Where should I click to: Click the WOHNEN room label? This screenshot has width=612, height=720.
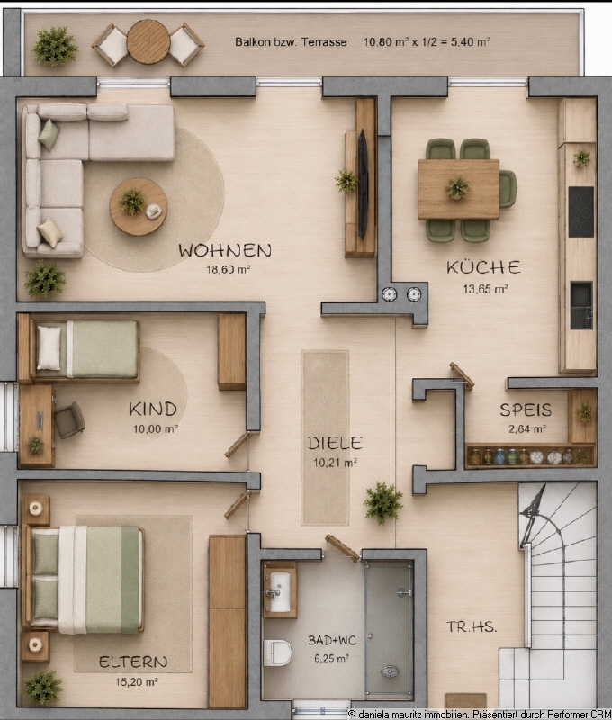coord(225,250)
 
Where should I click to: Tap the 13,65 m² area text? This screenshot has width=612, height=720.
coord(485,289)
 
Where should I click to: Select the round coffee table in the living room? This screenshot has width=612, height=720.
coord(139,207)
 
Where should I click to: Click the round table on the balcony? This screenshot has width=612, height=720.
coord(148,42)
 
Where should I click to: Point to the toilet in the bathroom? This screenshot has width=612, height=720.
coord(277,652)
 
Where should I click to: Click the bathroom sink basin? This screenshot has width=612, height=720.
coord(279,592)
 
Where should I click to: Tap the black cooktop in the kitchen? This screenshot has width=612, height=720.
coord(580,211)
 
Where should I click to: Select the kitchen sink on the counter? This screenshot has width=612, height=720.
coord(581,305)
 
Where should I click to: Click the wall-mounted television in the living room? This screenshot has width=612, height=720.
coord(363,184)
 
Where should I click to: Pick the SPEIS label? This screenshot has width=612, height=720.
coord(526,410)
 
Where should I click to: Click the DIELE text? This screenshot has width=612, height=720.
coord(335,443)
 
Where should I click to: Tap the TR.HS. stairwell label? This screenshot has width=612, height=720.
coord(472,626)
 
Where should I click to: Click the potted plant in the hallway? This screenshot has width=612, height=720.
coord(382,503)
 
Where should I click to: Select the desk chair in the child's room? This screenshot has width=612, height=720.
coord(69,420)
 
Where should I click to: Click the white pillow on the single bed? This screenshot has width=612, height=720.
coord(49,347)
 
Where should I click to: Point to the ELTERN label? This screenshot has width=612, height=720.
coord(133,661)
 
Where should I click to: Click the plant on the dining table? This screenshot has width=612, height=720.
coord(457,188)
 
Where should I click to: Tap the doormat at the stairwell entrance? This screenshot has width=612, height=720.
coord(465,701)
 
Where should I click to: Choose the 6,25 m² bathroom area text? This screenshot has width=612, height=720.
coord(331,659)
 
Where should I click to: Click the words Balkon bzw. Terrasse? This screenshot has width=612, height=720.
coord(291,42)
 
